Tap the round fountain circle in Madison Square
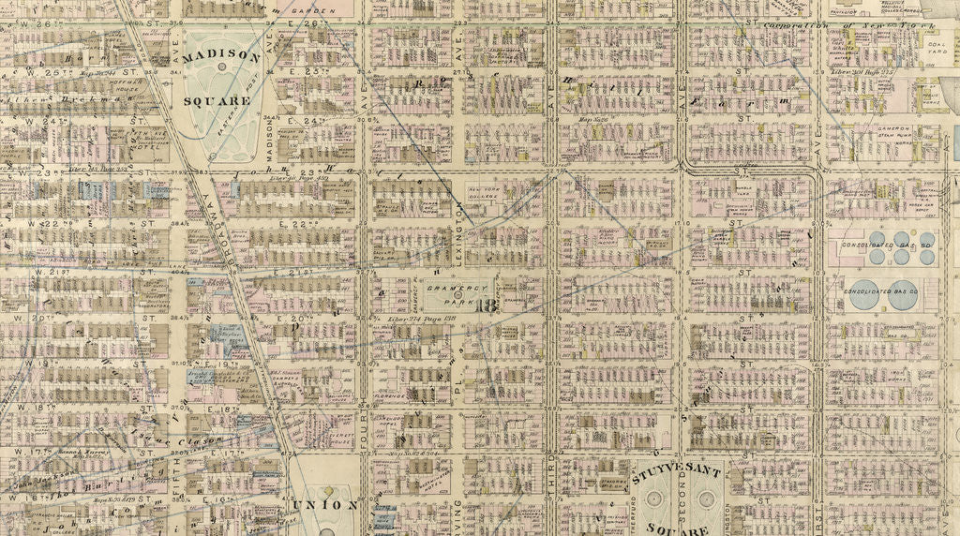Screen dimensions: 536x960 (x=221, y=67)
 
